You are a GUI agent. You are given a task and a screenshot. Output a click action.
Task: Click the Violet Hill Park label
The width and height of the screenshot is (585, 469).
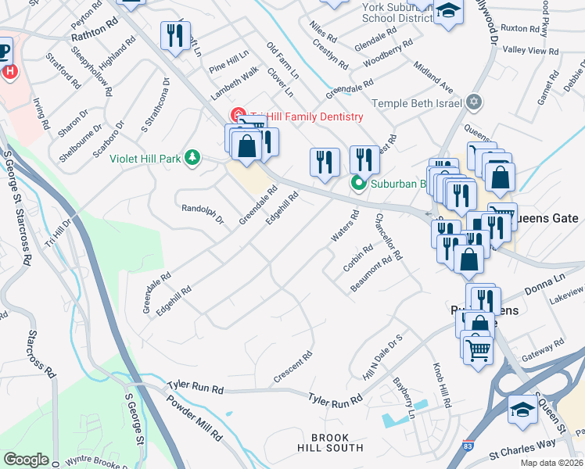click(145, 159)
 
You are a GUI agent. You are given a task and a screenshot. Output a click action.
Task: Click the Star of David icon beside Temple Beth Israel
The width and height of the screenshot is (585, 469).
click(472, 102)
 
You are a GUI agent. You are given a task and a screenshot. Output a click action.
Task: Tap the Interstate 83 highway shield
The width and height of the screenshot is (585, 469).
click(467, 443)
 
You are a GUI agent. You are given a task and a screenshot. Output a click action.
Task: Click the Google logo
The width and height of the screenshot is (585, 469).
click(26, 460)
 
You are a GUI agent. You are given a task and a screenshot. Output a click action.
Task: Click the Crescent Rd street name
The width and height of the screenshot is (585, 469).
click(293, 367)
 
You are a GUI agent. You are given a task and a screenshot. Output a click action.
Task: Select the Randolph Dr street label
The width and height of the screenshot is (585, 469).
click(202, 214)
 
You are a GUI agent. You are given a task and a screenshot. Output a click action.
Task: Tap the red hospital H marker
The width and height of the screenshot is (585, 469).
click(10, 72)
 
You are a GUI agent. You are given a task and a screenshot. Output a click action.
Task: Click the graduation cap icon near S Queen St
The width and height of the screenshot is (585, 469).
click(522, 409)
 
